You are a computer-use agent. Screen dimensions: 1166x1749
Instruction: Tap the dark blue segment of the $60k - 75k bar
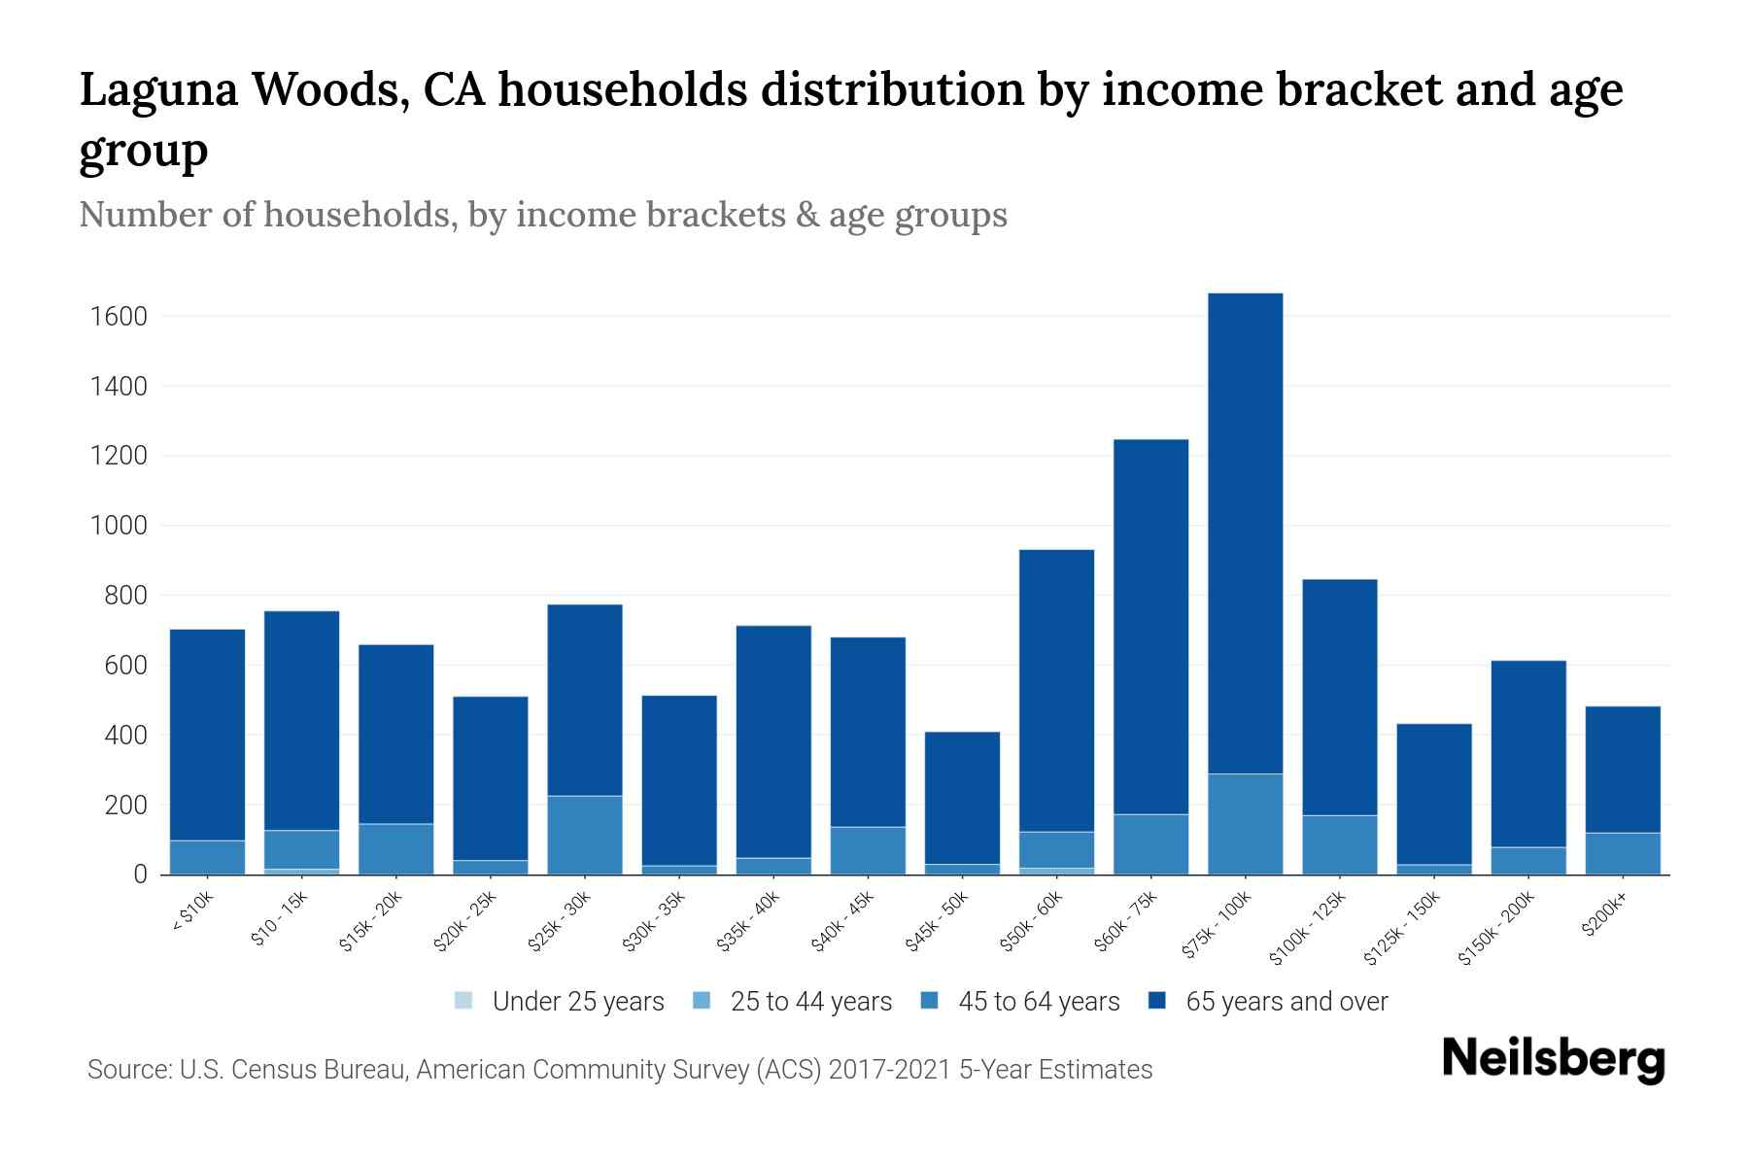[1150, 627]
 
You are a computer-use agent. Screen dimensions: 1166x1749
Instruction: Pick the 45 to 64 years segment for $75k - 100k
[1245, 823]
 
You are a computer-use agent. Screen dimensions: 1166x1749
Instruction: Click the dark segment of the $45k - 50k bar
[962, 797]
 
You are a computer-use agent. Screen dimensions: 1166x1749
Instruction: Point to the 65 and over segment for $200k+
[1623, 769]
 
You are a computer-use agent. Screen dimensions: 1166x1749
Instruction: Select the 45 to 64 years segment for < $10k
[207, 856]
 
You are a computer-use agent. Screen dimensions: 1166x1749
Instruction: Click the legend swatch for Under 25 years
[464, 1000]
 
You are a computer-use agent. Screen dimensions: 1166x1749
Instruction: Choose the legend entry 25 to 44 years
[810, 1001]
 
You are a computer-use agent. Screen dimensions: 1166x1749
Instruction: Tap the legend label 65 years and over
[1286, 1001]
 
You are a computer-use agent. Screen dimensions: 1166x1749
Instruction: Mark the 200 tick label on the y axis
[125, 805]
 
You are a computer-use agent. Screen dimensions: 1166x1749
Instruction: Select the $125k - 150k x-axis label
[1403, 927]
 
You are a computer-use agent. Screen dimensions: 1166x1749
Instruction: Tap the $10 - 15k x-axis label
[279, 918]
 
